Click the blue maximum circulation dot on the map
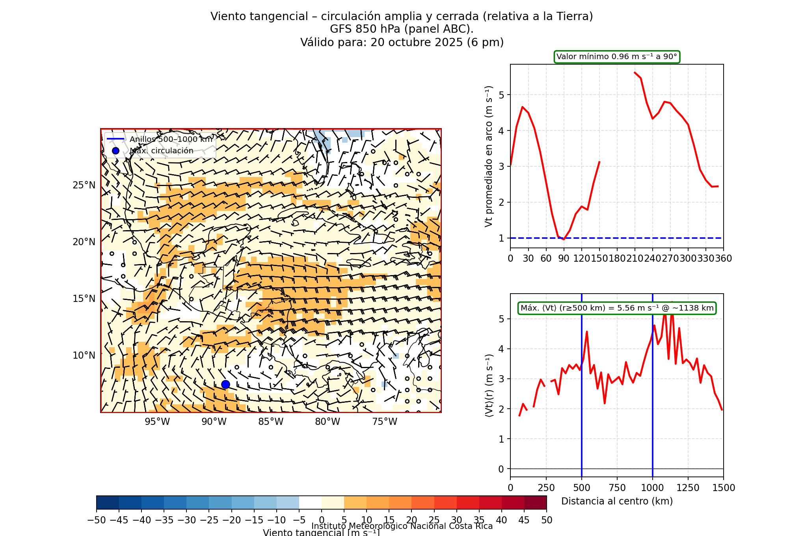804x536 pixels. coord(225,384)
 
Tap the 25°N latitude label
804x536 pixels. coord(84,185)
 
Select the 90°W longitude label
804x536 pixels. coord(214,422)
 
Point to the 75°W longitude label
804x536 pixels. coord(385,422)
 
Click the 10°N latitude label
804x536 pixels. coord(84,355)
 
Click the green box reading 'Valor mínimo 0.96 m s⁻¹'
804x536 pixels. coord(617,57)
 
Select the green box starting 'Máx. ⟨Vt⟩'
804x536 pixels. coord(617,308)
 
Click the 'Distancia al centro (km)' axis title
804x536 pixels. coord(617,501)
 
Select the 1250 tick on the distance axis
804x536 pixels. coord(688,488)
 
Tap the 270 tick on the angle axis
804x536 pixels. coord(670,259)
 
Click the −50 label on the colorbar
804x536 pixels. coord(97,520)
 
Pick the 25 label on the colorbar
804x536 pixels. coord(434,520)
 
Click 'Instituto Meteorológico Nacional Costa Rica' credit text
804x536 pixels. coord(402,526)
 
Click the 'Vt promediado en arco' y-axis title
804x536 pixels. coord(489,156)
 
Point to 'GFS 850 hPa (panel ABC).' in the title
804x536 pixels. coord(402,29)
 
